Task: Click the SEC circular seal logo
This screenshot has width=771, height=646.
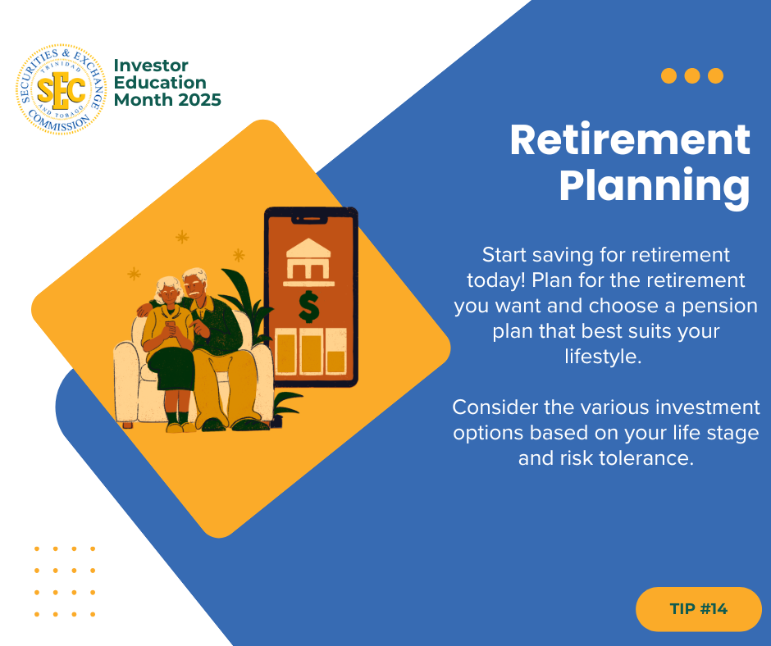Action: [x=61, y=89]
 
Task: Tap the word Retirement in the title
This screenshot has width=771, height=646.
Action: [x=630, y=140]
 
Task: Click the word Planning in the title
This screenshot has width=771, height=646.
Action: [x=655, y=186]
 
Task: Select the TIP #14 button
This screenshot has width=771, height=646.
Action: [x=698, y=608]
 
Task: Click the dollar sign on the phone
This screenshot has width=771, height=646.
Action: [x=308, y=307]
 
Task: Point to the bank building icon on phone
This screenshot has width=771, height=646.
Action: [x=308, y=262]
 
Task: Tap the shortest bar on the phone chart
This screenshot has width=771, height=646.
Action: [x=336, y=362]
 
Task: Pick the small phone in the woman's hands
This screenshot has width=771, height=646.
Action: [x=170, y=326]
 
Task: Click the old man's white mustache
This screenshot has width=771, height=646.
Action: [x=196, y=293]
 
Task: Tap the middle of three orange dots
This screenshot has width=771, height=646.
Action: [x=691, y=75]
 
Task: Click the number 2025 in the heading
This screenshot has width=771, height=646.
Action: [x=199, y=100]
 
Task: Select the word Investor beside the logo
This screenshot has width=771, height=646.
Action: [x=151, y=66]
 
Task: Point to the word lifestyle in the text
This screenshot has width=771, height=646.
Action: [x=603, y=357]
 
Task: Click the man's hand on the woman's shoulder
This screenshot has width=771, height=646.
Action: [x=144, y=309]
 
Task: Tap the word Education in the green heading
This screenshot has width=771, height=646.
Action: [x=160, y=83]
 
